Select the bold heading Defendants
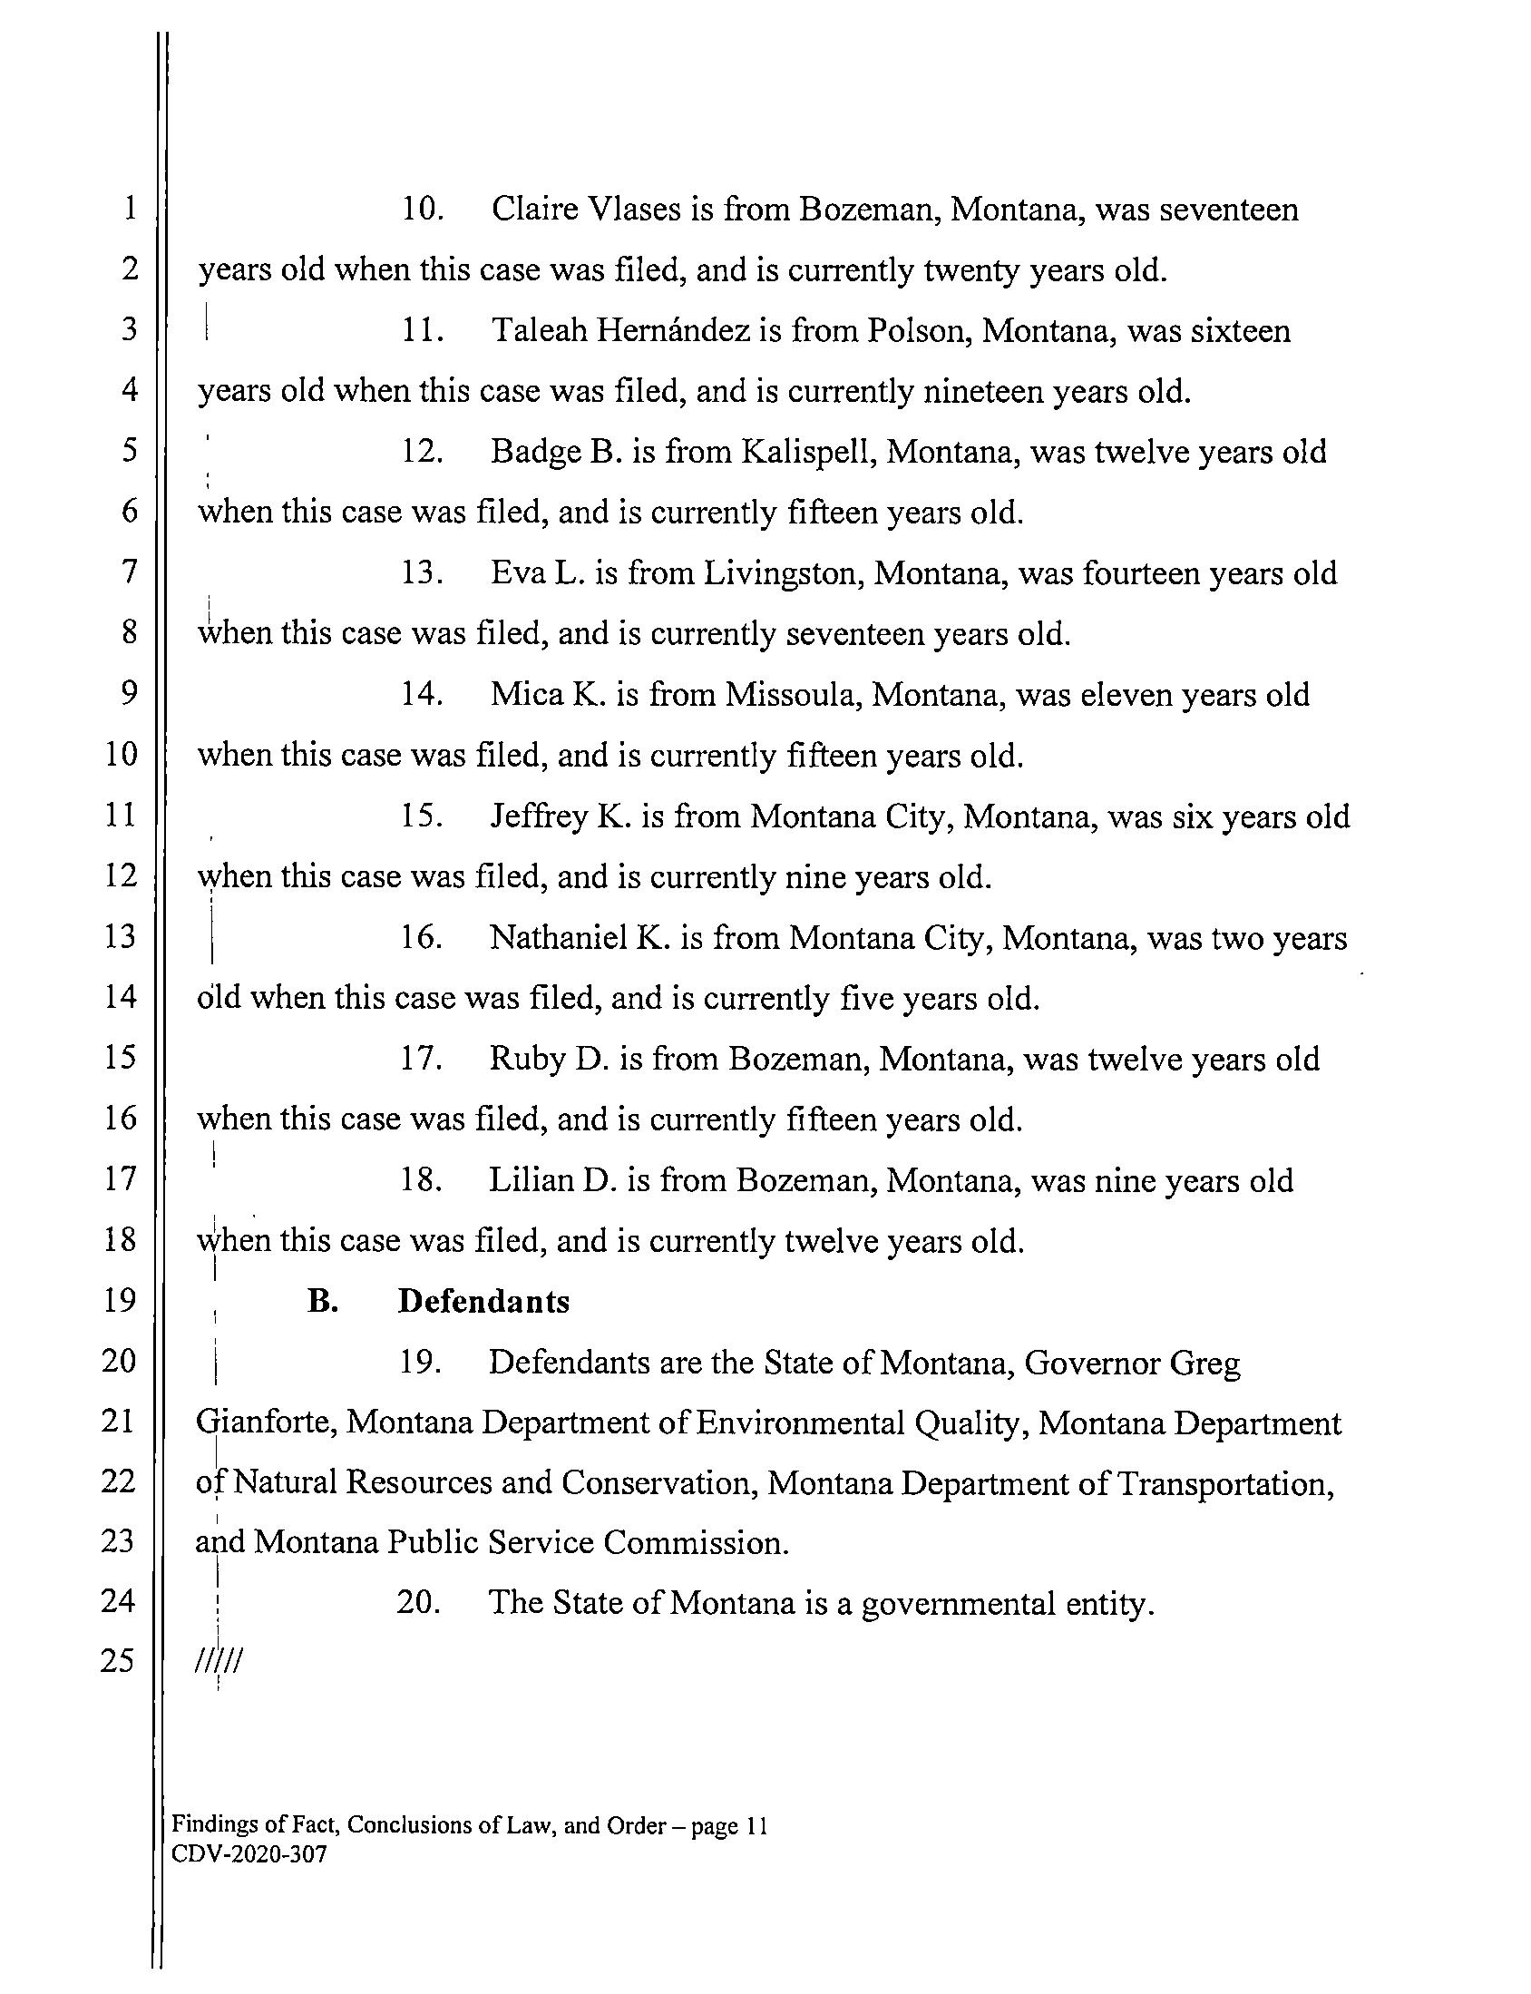click(x=484, y=1302)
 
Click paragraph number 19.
click(x=420, y=1364)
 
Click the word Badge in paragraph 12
click(x=531, y=453)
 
